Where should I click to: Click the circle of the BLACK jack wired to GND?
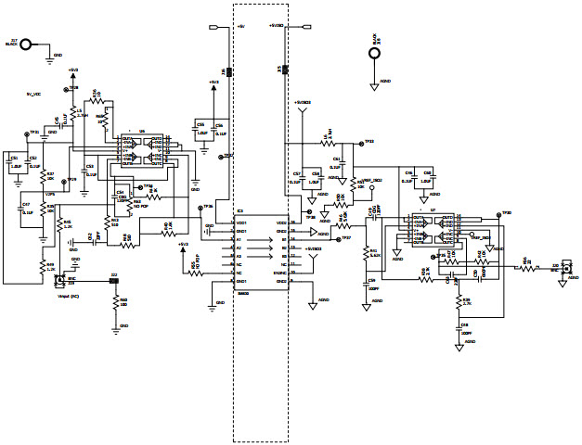(28, 44)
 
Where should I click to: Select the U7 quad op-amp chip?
(433, 231)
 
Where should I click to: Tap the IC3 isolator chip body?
(261, 251)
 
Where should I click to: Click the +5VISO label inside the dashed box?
(277, 26)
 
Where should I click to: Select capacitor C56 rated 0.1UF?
(218, 130)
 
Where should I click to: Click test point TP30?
(501, 214)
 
